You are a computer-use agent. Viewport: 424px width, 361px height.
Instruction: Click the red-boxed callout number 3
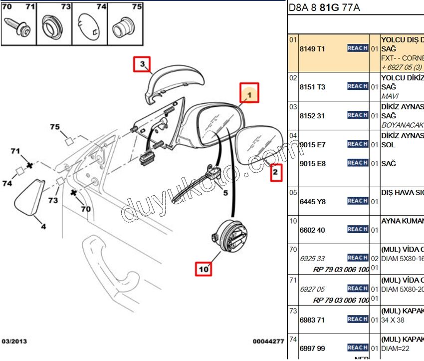click(x=142, y=64)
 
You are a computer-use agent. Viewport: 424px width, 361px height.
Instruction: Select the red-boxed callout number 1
click(x=250, y=92)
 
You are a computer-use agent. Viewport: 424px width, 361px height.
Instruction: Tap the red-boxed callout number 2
click(x=276, y=173)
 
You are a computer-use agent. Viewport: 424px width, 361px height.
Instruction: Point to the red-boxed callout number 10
click(x=204, y=269)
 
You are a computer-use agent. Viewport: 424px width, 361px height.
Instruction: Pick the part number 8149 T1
click(x=312, y=49)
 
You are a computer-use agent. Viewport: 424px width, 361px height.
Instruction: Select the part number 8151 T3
click(x=312, y=87)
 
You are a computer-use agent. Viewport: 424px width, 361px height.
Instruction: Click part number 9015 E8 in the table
click(x=312, y=163)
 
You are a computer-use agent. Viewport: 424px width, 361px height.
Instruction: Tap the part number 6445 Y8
click(x=312, y=201)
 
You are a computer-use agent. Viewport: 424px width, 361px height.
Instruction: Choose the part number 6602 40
click(x=312, y=230)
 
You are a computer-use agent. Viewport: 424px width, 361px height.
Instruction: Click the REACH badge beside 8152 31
click(x=358, y=115)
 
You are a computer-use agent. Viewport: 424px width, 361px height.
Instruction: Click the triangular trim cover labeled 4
click(x=29, y=201)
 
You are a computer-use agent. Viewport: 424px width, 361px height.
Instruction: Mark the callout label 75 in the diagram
click(x=55, y=127)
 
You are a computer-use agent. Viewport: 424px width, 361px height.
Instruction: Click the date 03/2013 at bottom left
click(x=14, y=342)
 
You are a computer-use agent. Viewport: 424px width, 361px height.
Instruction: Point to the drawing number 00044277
click(x=268, y=342)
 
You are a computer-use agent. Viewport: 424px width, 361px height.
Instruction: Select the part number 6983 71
click(x=312, y=320)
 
